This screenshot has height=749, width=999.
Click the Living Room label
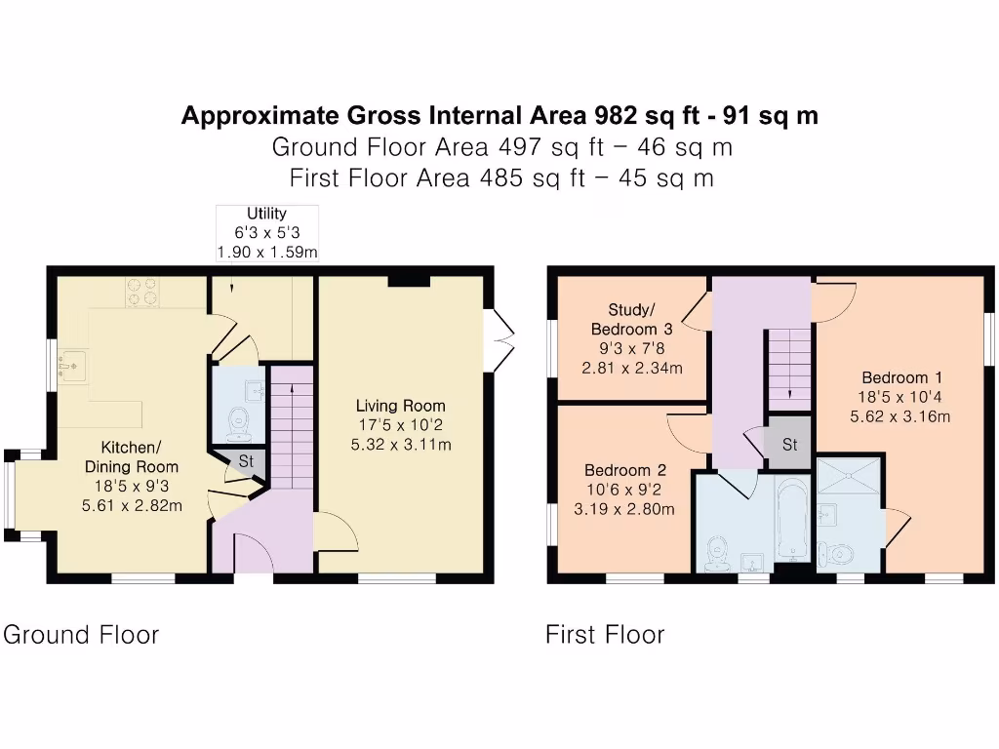point(400,406)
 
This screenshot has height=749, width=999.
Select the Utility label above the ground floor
point(266,214)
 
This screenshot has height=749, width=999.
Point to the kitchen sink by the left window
point(73,364)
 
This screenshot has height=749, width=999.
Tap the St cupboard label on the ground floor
point(246,459)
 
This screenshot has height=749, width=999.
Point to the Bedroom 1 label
point(895,378)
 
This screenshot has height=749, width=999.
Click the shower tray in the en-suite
point(849,478)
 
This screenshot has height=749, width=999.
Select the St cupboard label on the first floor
point(789,445)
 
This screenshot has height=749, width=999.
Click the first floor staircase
point(789,370)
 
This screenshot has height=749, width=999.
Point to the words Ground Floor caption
point(81,635)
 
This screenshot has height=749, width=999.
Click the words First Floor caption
point(605,635)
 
